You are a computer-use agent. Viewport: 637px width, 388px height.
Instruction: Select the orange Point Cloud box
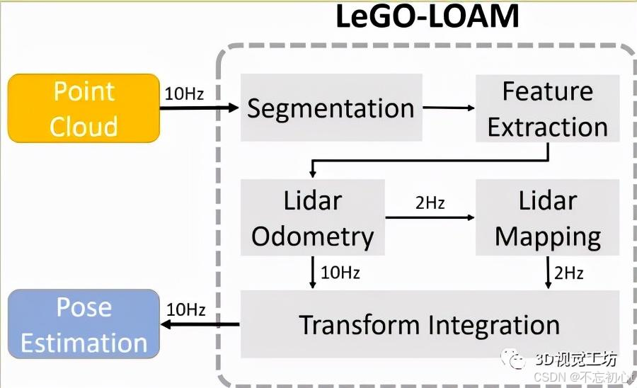click(84, 108)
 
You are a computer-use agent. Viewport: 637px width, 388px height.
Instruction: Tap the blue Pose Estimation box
click(84, 325)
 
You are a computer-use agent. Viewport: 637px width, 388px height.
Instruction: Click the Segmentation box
click(331, 108)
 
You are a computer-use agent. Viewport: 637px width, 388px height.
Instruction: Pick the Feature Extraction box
click(547, 108)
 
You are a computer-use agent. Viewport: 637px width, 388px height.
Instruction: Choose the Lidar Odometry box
click(312, 217)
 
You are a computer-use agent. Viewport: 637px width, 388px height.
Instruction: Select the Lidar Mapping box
click(547, 217)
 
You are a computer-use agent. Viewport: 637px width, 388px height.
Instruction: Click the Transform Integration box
click(429, 324)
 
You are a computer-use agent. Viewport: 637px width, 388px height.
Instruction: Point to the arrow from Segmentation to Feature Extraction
click(449, 108)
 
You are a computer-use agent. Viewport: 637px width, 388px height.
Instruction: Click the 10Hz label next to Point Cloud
click(184, 93)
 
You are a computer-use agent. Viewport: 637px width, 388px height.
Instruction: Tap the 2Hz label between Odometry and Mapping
click(430, 203)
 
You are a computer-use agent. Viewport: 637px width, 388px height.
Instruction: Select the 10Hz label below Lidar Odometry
click(340, 273)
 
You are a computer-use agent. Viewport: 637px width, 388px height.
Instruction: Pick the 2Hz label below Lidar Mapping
click(568, 273)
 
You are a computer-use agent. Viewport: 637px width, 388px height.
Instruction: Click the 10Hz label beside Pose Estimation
click(185, 309)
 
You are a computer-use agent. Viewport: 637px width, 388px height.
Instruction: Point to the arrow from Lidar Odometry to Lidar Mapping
click(430, 217)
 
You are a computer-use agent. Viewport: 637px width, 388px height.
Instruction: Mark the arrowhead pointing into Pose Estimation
click(167, 325)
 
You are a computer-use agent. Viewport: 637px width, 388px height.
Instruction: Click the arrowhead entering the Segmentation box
click(234, 108)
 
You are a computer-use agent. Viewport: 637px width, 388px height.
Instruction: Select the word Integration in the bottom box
click(493, 324)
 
